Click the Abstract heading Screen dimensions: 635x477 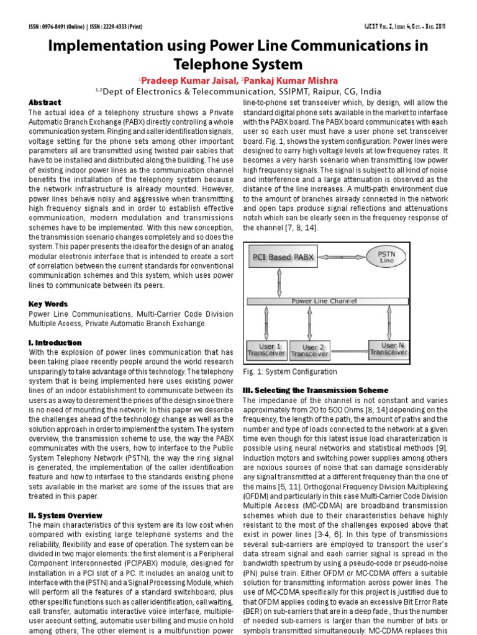pos(45,102)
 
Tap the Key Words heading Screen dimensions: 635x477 pos(48,304)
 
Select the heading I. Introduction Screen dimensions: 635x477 pos(55,342)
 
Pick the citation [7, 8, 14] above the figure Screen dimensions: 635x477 pos(288,228)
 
